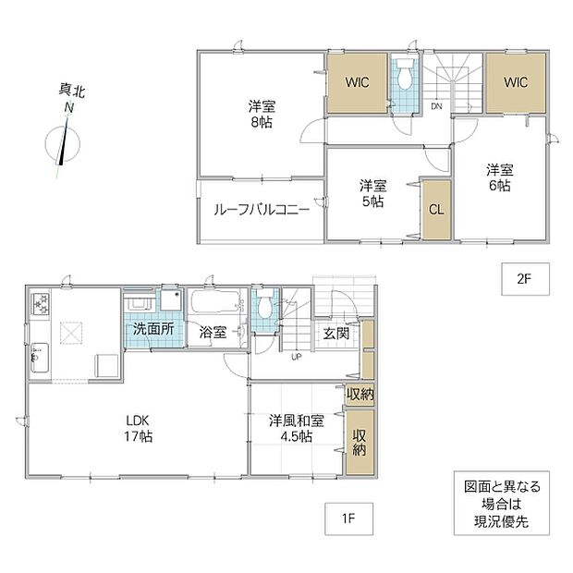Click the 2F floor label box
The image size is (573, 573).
525,279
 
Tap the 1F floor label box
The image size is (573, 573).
349,518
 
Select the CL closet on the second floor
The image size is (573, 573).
436,210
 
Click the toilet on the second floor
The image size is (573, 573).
404,74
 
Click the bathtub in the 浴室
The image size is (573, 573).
214,301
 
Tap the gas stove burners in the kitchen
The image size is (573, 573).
41,303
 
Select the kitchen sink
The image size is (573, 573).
40,358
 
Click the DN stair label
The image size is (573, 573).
437,106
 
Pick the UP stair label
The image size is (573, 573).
296,357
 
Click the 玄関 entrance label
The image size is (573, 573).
336,334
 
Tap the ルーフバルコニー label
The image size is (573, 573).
262,210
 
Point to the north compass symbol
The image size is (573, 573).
63,142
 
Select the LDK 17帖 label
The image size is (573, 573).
138,428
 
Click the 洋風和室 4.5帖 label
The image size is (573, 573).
297,428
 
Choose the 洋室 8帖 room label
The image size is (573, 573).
262,114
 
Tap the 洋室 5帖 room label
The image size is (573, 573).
372,193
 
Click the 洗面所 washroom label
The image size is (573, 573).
153,329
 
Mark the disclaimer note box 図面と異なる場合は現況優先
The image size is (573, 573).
502,504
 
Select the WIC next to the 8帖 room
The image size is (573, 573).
357,83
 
